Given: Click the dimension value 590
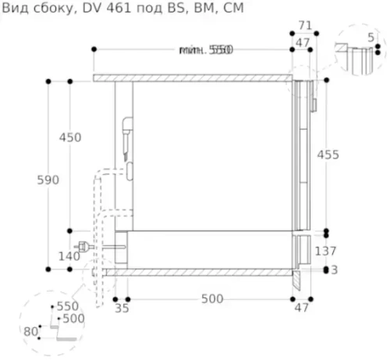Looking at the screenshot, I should [48, 180].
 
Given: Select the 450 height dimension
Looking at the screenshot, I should [70, 137].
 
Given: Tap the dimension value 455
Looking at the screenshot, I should [328, 155].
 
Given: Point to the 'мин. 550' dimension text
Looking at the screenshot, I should [206, 50].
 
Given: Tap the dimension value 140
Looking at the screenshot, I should [69, 256].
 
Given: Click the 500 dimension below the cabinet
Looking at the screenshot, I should [211, 299].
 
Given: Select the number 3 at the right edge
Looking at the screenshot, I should [334, 270].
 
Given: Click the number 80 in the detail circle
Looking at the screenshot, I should [30, 331].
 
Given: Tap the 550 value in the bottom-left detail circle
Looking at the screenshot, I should [68, 307].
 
